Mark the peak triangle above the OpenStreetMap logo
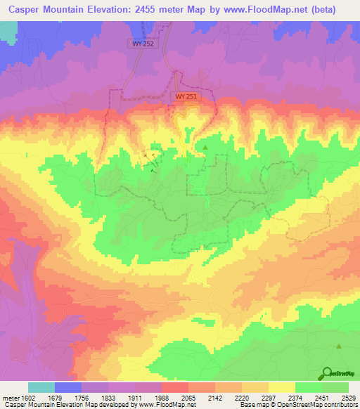[x=339, y=346]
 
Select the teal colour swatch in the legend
[x=41, y=387]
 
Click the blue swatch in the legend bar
[x=68, y=387]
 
